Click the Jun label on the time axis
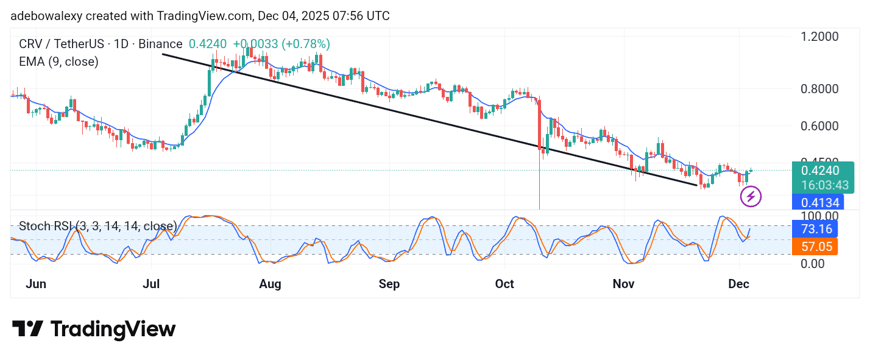(x=37, y=284)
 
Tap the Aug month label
(x=270, y=284)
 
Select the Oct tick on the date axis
(x=504, y=284)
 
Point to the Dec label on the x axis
(x=738, y=284)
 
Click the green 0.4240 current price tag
(x=821, y=171)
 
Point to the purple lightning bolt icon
(x=751, y=197)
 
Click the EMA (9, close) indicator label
(x=58, y=62)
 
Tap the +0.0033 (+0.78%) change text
(x=281, y=44)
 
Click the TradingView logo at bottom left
(x=94, y=330)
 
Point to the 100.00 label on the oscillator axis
(x=814, y=216)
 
